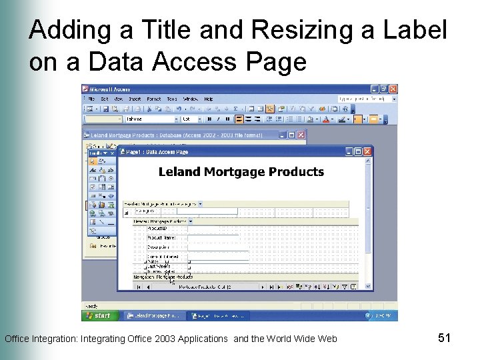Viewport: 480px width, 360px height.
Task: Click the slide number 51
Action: click(x=445, y=338)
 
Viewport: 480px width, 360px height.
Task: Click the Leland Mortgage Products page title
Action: click(x=241, y=171)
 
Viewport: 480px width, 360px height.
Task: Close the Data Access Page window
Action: click(x=367, y=152)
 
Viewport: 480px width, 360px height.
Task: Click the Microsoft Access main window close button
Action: click(x=393, y=89)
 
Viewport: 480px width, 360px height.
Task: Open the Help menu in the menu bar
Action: click(x=209, y=99)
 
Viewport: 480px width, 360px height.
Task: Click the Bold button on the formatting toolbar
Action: click(x=209, y=119)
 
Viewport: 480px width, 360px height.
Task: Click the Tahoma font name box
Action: click(x=150, y=119)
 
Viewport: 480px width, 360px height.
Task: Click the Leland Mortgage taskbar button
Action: click(x=153, y=315)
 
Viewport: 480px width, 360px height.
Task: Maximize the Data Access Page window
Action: click(x=358, y=152)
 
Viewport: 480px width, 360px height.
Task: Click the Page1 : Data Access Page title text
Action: click(x=157, y=152)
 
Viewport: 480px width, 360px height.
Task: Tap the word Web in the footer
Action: click(x=327, y=339)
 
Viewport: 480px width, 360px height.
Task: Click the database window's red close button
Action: click(x=301, y=134)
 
